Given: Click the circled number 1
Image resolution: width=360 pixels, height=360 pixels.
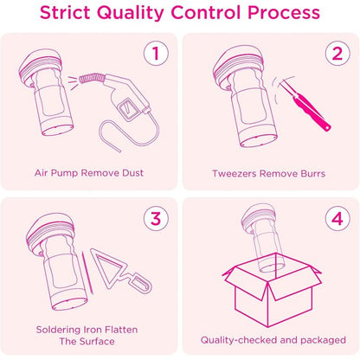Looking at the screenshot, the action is point(156,53).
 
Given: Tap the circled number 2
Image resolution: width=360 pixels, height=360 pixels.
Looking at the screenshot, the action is point(337,54).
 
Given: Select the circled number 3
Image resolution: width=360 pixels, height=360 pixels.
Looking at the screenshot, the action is point(156,218).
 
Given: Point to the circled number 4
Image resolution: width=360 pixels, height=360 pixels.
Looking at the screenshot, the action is point(337,218).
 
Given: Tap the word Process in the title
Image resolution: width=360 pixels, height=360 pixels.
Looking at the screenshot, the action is point(284,13).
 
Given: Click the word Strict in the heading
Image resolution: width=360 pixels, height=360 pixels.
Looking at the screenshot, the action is point(65,13).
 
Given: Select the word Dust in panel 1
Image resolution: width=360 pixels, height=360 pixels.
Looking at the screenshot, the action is point(132,173).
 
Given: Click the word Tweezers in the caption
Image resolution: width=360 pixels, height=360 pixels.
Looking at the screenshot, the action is point(234,174).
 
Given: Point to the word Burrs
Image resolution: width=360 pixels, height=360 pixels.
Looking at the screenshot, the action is point(313,174).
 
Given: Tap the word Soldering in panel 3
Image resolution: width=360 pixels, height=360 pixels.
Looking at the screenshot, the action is point(58,330).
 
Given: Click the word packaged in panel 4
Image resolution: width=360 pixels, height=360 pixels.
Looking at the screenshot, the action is point(323,340).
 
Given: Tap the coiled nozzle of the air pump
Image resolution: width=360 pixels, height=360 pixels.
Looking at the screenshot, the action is point(92,79).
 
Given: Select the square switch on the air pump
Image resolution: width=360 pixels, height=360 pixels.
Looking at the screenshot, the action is point(126,109).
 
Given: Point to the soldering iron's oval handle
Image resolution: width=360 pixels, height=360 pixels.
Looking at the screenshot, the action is point(140,284).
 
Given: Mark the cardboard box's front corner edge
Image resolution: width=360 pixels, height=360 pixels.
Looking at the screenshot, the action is point(268,305).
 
